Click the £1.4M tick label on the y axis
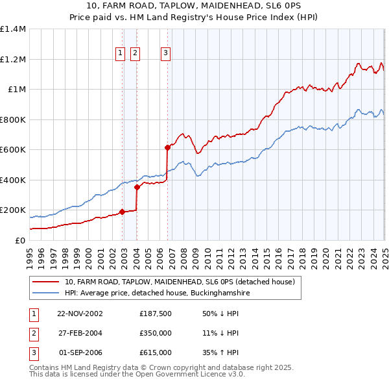coord(13,29)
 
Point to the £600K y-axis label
coord(13,149)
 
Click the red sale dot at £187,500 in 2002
coord(122,212)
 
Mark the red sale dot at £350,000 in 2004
coord(137,188)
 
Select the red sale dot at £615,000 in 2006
coord(167,147)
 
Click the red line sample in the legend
coord(45,282)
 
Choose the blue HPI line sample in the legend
coord(45,293)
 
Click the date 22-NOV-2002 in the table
coord(80,314)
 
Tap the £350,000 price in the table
coord(155,333)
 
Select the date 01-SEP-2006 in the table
coord(80,352)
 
